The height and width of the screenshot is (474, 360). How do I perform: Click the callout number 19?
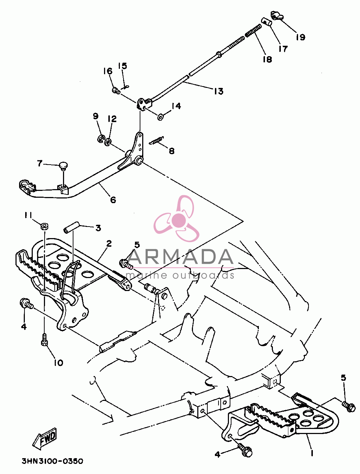pyautogui.click(x=301, y=37)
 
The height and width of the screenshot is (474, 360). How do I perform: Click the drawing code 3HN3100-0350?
pyautogui.click(x=52, y=461)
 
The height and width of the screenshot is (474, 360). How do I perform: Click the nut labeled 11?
pyautogui.click(x=45, y=227)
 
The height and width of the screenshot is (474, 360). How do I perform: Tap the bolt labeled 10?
pyautogui.click(x=44, y=340)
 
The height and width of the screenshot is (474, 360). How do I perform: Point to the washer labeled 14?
pyautogui.click(x=160, y=117)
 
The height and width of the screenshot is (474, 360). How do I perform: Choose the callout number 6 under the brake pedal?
pyautogui.click(x=113, y=200)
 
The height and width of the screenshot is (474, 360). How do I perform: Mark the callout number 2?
pyautogui.click(x=109, y=243)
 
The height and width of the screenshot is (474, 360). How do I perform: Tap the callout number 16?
pyautogui.click(x=108, y=71)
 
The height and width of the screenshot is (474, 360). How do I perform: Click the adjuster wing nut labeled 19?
pyautogui.click(x=276, y=15)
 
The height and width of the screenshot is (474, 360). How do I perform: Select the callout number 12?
pyautogui.click(x=112, y=119)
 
